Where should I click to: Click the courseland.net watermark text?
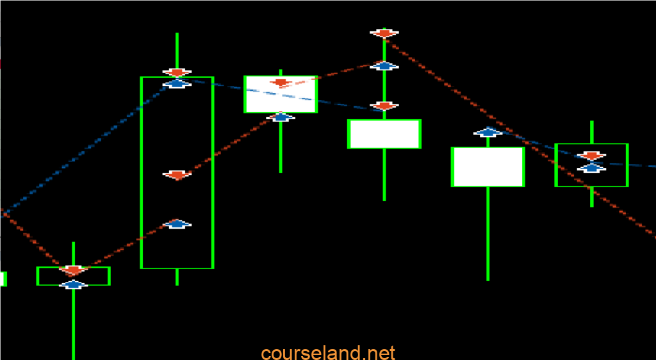[328, 354]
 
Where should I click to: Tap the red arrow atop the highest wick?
[384, 33]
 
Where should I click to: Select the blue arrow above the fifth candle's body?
[488, 132]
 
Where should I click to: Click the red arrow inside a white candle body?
[281, 83]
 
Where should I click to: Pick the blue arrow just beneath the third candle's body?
[281, 117]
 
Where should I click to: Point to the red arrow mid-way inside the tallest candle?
[177, 175]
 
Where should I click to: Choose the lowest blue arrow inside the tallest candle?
[177, 224]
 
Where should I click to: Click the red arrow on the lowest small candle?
[73, 270]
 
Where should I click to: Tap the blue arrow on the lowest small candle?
[73, 285]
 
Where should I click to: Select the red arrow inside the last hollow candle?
[591, 156]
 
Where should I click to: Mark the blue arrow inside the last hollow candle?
[591, 168]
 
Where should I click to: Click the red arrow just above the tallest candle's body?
[177, 72]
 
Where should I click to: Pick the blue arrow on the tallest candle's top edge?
[177, 83]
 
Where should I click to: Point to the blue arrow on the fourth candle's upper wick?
[384, 65]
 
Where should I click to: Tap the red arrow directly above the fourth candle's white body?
[384, 106]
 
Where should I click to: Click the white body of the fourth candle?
[384, 134]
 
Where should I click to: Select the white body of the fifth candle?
[488, 167]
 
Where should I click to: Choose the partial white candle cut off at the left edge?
[3, 279]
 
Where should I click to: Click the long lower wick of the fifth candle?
[488, 234]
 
